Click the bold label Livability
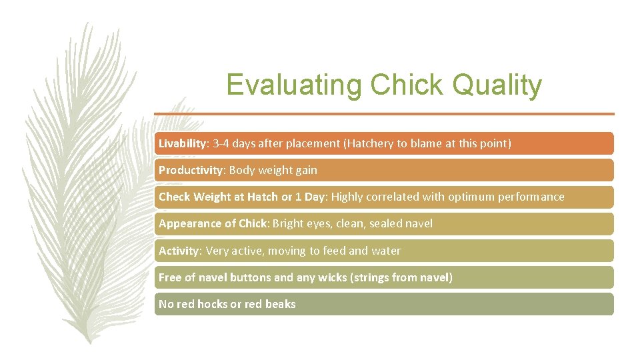183,143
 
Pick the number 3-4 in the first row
221,143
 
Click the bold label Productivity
191,170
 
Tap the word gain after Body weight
306,170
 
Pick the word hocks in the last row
212,304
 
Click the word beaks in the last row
280,304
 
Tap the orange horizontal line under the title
384,114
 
